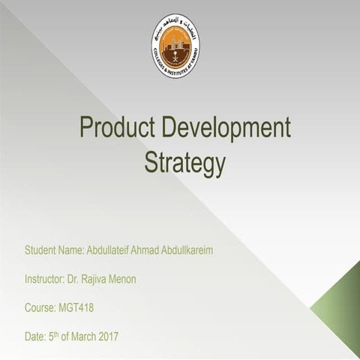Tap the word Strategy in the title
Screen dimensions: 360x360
[x=184, y=162]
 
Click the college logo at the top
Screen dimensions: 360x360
[x=175, y=46]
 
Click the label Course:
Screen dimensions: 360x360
[x=39, y=308]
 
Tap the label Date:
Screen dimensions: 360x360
[x=35, y=337]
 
